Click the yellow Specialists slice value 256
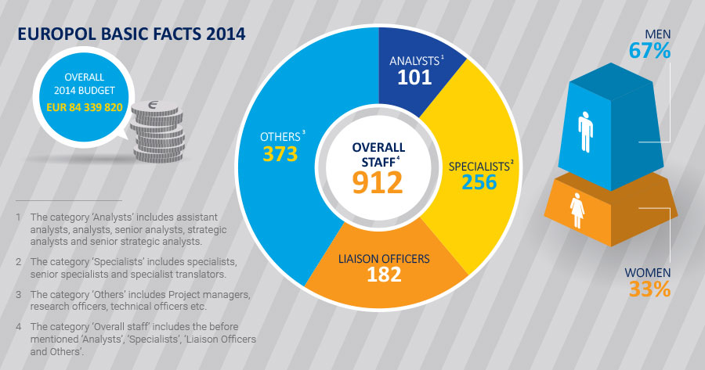[x=478, y=181]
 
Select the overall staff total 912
[x=377, y=181]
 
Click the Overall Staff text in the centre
[x=377, y=154]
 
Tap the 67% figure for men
[x=650, y=51]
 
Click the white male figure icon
[x=586, y=133]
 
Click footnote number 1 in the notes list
[x=16, y=216]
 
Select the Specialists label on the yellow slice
[x=478, y=166]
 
